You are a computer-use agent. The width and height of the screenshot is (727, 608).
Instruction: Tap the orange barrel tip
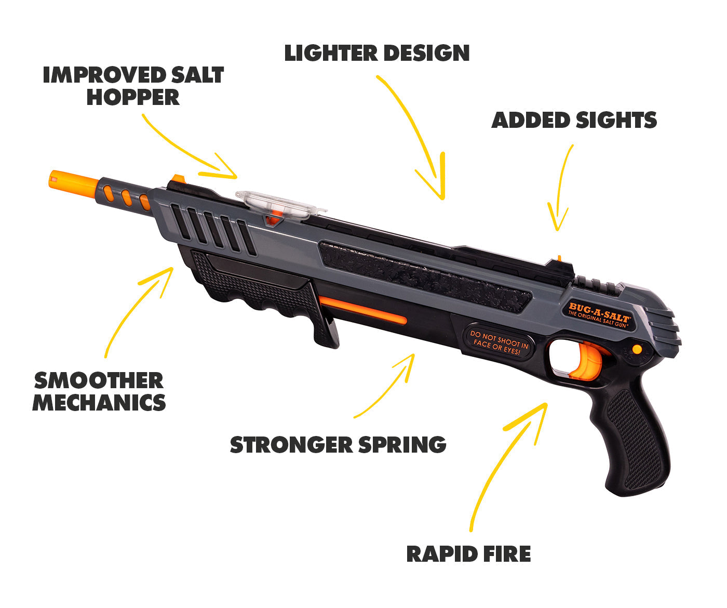73,183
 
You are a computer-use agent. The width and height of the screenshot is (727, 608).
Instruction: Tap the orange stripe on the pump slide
363,310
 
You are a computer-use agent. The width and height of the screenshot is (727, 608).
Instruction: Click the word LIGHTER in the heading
331,54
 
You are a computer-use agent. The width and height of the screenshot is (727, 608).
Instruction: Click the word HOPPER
133,97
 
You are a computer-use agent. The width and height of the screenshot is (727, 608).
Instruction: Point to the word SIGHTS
616,120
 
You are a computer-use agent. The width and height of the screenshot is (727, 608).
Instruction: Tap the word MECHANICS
99,403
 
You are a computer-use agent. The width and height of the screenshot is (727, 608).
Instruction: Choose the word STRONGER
291,445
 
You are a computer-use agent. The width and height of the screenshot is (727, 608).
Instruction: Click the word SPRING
402,445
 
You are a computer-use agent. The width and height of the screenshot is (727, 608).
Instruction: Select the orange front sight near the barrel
179,178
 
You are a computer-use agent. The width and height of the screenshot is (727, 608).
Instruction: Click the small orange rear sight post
559,258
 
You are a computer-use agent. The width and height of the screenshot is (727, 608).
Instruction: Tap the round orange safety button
637,349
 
